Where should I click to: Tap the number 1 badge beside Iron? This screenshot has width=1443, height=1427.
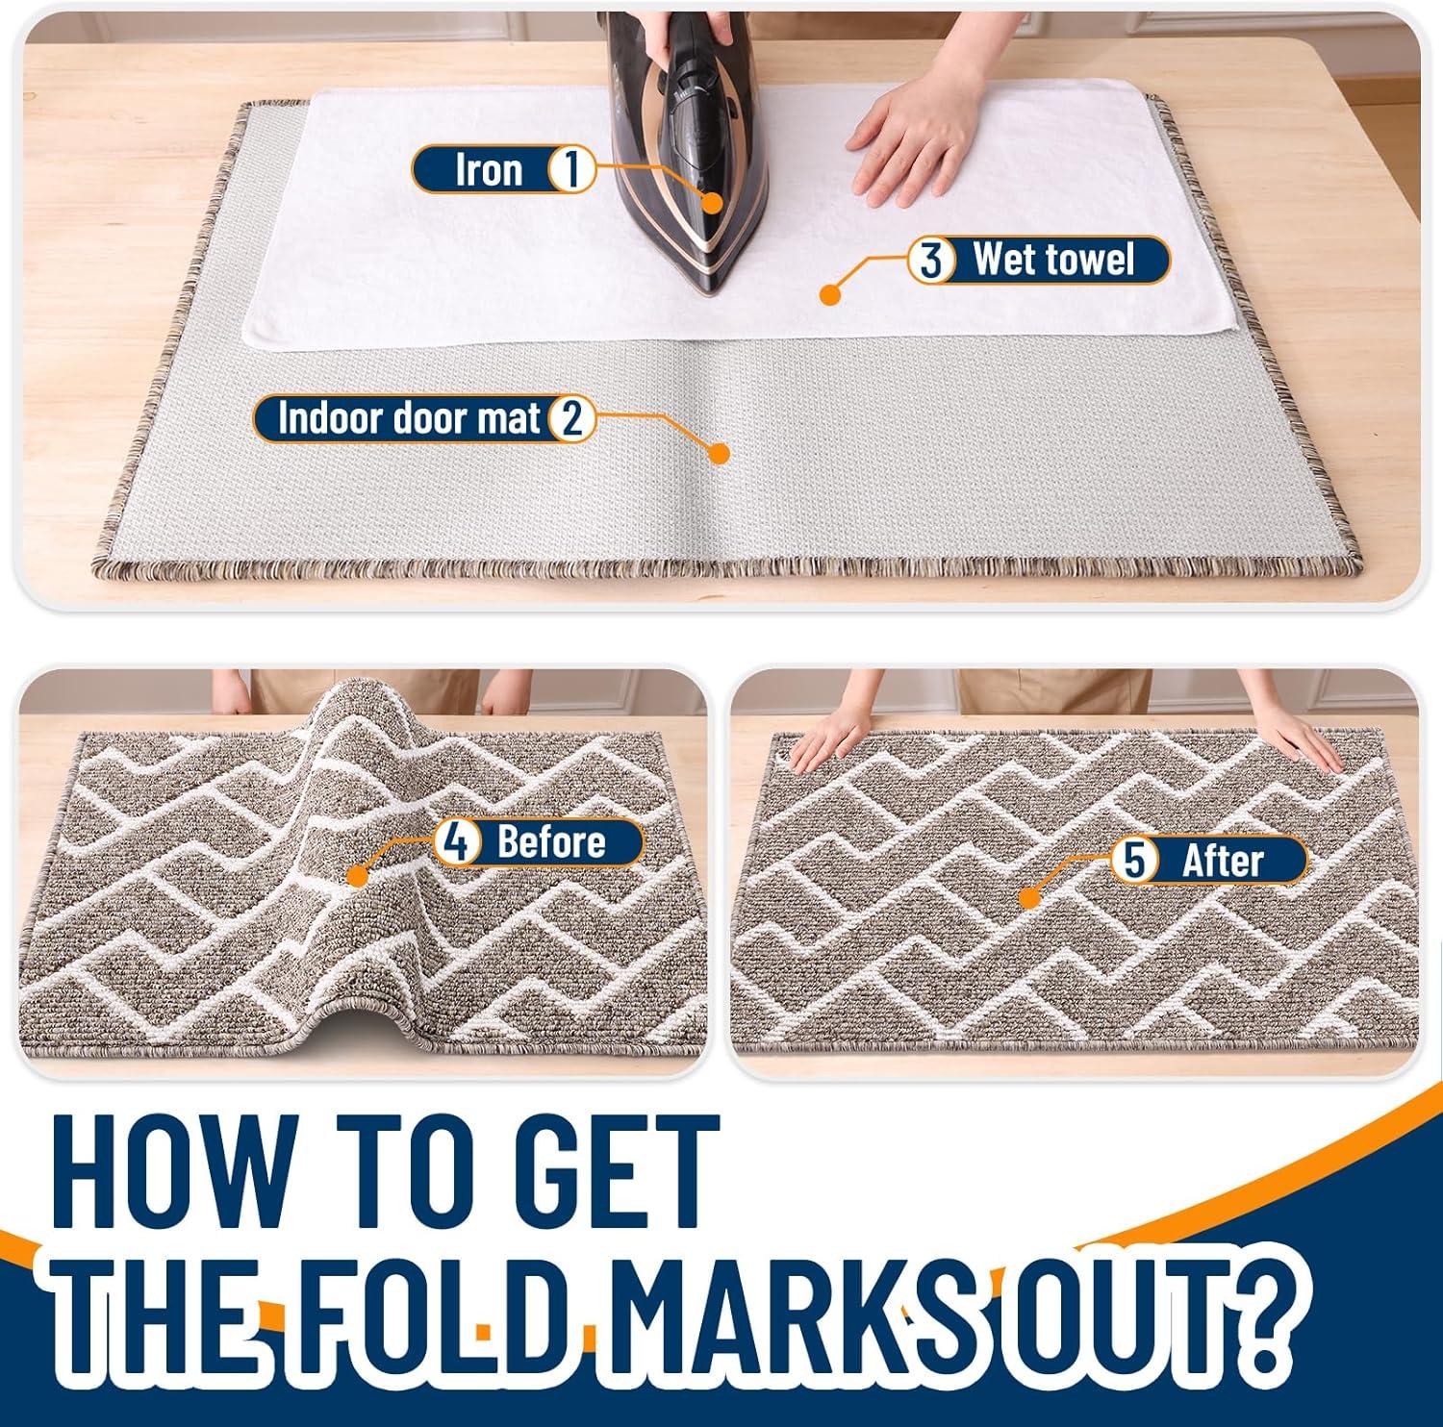pos(570,170)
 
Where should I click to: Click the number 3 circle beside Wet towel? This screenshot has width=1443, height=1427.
pos(931,261)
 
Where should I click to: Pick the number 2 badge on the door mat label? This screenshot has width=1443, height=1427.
pos(571,419)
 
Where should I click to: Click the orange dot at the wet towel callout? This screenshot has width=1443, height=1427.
pos(831,293)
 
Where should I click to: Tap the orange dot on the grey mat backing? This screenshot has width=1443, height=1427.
pos(718,453)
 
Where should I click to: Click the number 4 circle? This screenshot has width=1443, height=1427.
pos(457,842)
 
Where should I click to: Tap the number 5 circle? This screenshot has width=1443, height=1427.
pos(1134,860)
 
